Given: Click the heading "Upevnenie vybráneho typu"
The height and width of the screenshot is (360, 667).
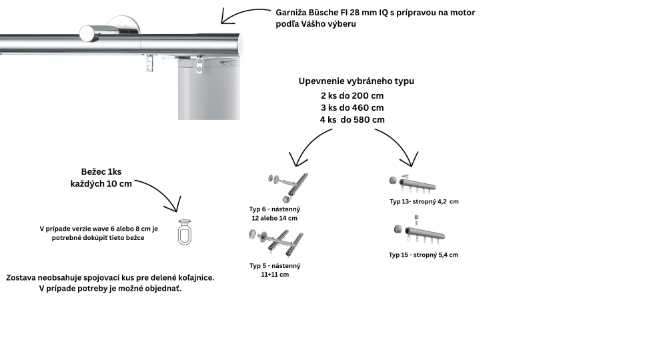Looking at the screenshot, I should pos(356,81).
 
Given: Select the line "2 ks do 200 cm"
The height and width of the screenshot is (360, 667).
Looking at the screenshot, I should pos(352,95).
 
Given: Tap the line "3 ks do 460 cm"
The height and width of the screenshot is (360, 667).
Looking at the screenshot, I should pos(352,107).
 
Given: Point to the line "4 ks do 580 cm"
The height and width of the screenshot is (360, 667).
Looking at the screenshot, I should pos(352,119).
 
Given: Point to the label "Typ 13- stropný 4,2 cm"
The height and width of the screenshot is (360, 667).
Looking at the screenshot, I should pos(424,201).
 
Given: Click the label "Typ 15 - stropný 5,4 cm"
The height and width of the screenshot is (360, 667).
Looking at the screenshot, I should pos(424,255).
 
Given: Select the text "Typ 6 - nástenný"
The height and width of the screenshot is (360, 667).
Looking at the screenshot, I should pos(275,209).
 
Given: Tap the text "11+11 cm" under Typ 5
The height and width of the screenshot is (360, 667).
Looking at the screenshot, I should pos(275,274).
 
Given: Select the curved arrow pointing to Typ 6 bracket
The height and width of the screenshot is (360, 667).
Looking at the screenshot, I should pos(309,143).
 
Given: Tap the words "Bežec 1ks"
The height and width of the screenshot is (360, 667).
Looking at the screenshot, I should pos(101,171).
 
